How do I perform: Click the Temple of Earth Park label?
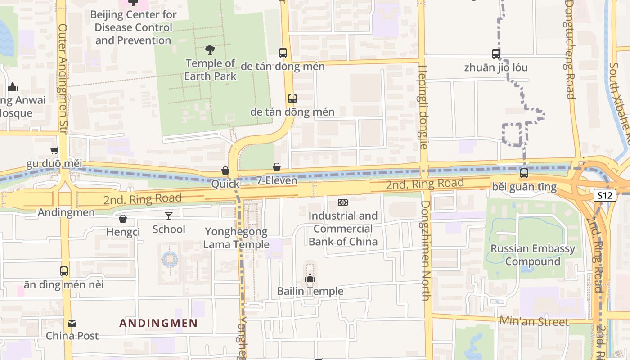(x=210, y=70)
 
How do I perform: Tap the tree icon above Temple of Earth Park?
(x=210, y=49)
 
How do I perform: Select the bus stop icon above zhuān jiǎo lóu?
(x=496, y=54)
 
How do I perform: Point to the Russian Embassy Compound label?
(x=533, y=255)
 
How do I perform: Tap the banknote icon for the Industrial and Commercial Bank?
(x=343, y=202)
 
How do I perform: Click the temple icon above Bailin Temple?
(x=310, y=278)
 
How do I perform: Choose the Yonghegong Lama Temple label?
(x=236, y=238)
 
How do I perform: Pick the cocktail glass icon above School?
(x=169, y=216)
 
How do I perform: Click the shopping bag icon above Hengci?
(x=123, y=219)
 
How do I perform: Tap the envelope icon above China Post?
(x=72, y=323)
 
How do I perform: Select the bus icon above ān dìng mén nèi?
(x=64, y=271)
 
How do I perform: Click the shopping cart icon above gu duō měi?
(x=54, y=150)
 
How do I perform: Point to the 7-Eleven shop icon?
(x=277, y=167)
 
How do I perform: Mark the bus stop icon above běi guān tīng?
(x=524, y=173)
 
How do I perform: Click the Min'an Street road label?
(x=534, y=321)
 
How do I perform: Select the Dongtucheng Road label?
(x=570, y=49)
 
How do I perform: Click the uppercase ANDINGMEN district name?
(x=158, y=323)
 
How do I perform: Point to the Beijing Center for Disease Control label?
(x=133, y=27)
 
